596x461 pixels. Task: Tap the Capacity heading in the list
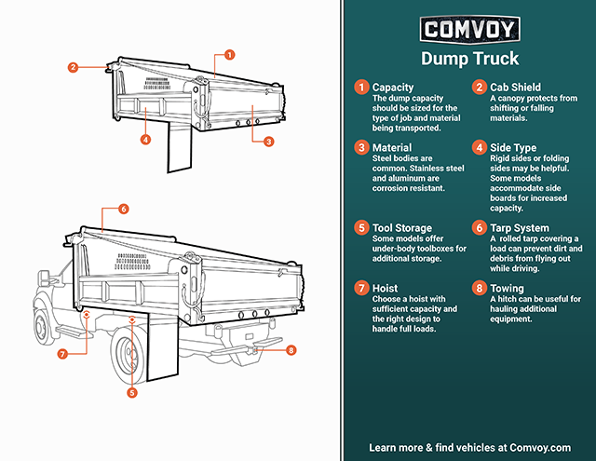pyautogui.click(x=393, y=88)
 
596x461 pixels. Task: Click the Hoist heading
pyautogui.click(x=385, y=288)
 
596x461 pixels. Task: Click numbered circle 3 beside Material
pyautogui.click(x=361, y=147)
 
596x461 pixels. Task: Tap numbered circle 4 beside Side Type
pyautogui.click(x=478, y=147)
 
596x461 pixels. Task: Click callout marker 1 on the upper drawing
pyautogui.click(x=229, y=55)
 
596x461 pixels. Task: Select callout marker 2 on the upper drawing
pyautogui.click(x=72, y=67)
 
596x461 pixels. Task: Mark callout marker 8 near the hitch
pyautogui.click(x=291, y=350)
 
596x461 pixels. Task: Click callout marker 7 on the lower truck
pyautogui.click(x=62, y=354)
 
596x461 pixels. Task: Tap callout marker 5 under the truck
pyautogui.click(x=131, y=392)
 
